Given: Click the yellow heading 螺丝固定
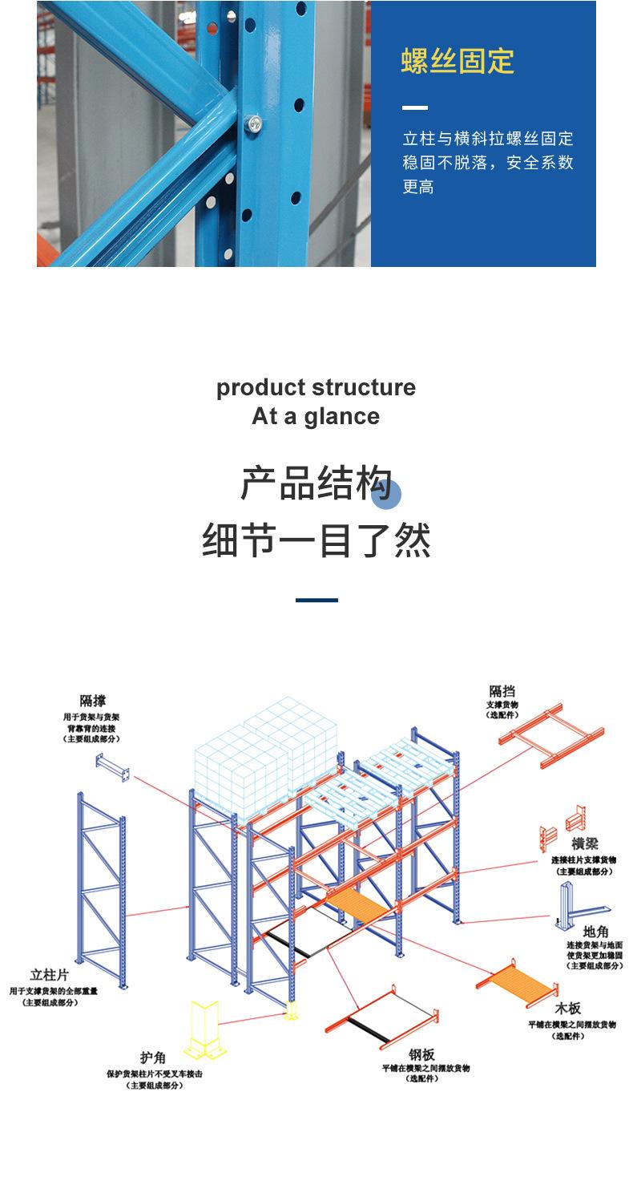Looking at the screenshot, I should point(458,61).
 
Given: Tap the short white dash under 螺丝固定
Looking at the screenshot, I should point(414,107).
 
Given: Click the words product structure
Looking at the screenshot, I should point(316,387).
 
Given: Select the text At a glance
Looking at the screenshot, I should point(316,416).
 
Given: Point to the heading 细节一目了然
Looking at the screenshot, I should point(316,540).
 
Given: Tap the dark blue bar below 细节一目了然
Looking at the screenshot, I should point(316,600).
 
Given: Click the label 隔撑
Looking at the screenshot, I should point(92,701).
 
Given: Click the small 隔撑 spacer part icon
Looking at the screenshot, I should point(112,766).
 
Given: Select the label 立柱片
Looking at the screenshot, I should point(48,975).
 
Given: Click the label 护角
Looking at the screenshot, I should point(153,1058).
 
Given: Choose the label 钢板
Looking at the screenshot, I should point(421,1054).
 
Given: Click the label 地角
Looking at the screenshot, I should point(595,932).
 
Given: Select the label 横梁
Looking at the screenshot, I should point(584,844).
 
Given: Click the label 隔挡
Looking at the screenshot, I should point(502,691).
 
